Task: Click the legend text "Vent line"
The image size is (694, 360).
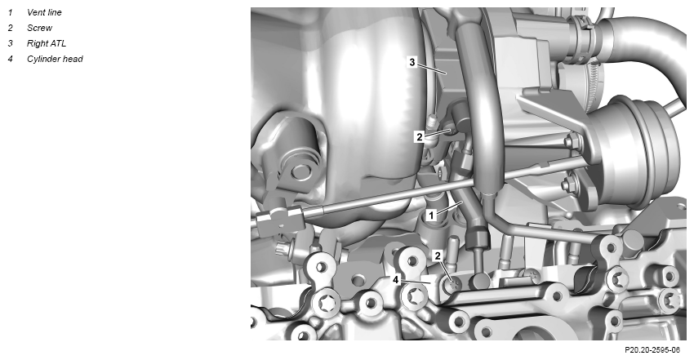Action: [x=44, y=12]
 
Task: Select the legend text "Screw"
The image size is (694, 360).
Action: [x=39, y=28]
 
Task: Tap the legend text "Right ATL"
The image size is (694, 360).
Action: [x=47, y=43]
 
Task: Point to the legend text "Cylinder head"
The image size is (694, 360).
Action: [x=55, y=59]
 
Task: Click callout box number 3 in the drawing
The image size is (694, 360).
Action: [x=412, y=62]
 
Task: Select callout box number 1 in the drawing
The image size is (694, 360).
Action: [x=431, y=216]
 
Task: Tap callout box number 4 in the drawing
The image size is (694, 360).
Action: [x=396, y=280]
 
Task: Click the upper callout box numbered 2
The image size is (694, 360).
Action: [x=420, y=137]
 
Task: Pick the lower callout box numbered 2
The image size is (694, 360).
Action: [x=438, y=256]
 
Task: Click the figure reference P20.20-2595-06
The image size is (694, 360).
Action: [x=652, y=350]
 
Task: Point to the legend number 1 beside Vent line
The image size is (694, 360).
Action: [x=10, y=12]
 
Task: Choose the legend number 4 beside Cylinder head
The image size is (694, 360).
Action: [x=10, y=59]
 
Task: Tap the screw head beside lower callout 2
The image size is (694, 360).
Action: [x=452, y=286]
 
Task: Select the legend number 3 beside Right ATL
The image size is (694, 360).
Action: [x=10, y=43]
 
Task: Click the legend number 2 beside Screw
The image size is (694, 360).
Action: [x=10, y=28]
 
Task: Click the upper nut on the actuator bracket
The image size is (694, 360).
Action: [x=572, y=142]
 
